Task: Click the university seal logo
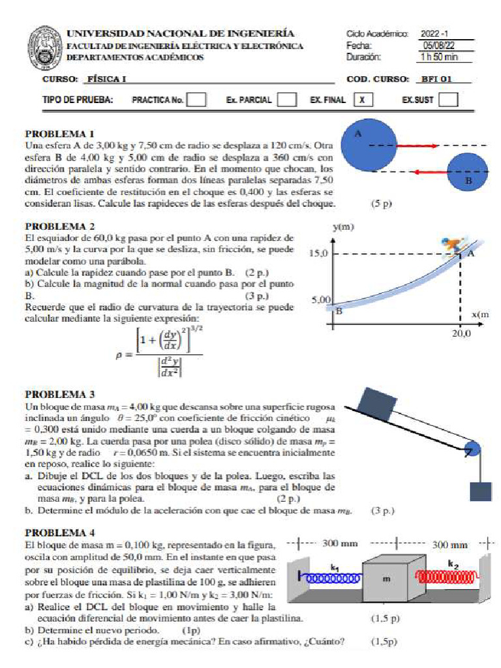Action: (44, 48)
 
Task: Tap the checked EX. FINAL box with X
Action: (363, 100)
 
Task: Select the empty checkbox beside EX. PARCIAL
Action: (286, 100)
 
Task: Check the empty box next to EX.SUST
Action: (448, 100)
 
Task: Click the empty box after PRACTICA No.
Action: (197, 100)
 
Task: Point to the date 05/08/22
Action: (437, 46)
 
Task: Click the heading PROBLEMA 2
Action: (60, 226)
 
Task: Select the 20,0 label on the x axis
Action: (461, 333)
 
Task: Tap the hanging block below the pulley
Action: (480, 491)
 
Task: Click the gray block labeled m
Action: (387, 577)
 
